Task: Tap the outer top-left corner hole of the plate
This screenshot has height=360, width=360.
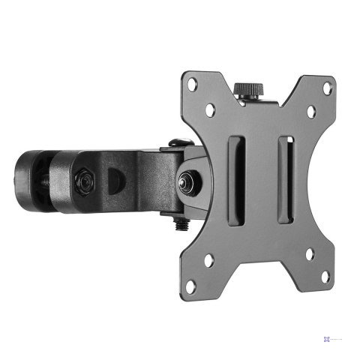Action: click(193, 85)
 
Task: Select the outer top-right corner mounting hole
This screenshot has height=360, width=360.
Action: click(327, 87)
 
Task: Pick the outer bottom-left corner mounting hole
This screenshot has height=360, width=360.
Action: click(192, 285)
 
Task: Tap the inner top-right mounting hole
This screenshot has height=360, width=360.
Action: click(310, 111)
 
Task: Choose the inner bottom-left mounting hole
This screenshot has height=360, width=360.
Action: click(209, 260)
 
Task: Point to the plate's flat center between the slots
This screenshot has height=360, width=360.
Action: click(261, 180)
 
